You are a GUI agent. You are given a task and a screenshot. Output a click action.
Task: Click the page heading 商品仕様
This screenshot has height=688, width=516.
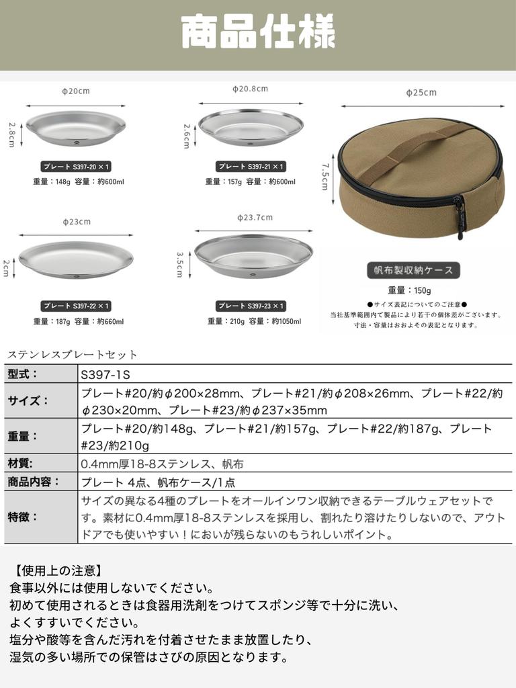pos(258,34)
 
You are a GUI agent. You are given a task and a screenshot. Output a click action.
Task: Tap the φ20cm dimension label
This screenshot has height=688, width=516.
pos(76,91)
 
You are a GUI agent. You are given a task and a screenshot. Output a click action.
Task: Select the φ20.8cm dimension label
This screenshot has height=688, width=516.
pos(250,89)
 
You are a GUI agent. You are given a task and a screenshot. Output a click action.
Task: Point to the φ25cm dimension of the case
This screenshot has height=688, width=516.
pos(421,93)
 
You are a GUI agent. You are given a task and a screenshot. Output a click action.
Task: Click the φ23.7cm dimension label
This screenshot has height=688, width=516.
pos(255,217)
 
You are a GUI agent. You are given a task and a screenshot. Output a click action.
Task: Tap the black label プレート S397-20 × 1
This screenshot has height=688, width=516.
pos(76,166)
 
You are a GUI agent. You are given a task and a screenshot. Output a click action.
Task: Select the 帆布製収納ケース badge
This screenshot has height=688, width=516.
pos(414,270)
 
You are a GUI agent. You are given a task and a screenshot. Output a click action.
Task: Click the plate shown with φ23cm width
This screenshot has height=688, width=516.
pos(76,259)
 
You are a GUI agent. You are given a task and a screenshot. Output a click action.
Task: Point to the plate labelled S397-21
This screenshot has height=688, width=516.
pos(251,127)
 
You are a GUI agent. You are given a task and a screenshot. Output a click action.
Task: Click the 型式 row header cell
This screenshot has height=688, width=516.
pos(41,374)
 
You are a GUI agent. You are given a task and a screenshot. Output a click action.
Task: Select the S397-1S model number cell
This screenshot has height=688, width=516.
pos(295,374)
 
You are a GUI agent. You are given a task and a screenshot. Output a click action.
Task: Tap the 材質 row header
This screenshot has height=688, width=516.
pos(41,463)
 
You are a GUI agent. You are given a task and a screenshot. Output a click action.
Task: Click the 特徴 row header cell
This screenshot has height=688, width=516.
pos(41,517)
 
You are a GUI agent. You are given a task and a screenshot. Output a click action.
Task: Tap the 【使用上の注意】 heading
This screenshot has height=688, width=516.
pos(58,571)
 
